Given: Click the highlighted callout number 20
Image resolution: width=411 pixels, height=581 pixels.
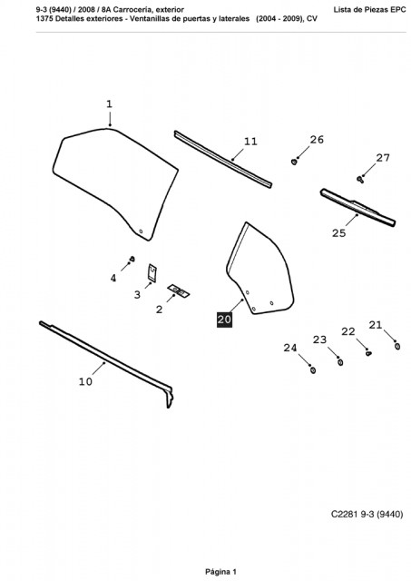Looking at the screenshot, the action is coord(224,320).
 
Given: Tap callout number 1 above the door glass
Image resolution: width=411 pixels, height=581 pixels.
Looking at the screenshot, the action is coord(109,104).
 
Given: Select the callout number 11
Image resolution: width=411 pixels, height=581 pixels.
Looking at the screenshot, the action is coord(250,142).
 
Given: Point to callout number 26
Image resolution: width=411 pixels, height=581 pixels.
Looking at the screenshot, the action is coord(317,140).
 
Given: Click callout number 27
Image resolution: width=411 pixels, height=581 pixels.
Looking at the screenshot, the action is coord(383,158).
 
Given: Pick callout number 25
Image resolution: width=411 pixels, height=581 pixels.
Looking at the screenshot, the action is coord(338,233).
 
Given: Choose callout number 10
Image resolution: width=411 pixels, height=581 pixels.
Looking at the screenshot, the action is coord(85,381).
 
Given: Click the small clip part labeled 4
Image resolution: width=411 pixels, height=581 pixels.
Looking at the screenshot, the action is coord(132,259).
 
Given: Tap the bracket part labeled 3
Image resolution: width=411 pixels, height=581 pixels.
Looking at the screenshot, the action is coord(152,273).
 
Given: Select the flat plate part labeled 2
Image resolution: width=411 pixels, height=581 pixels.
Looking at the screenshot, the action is coord(179,290).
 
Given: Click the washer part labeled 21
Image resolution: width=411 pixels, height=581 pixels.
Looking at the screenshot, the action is coord(397,346).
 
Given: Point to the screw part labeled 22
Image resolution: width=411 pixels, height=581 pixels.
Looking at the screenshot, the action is coord(368,353).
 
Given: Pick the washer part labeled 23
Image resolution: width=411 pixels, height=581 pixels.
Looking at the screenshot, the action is coord(340,362).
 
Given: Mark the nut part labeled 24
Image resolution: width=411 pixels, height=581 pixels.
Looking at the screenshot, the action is coord(313,369).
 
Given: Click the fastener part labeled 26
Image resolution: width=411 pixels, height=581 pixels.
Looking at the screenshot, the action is coord(294,162).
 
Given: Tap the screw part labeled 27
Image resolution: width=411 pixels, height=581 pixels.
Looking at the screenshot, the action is coord(359,180).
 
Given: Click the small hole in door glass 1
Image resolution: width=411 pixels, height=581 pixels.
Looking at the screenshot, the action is coord(141,231).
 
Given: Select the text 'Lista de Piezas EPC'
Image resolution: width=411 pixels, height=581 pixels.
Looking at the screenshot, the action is coord(370,10).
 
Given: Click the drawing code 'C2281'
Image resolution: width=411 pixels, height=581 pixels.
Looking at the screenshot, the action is coord(344,515).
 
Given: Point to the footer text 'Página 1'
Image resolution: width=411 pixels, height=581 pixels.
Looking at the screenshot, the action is coord(220,572).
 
